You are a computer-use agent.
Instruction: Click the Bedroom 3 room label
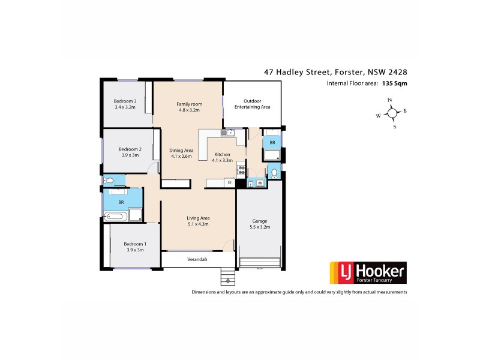click(126, 105)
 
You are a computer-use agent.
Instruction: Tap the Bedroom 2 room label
click(130, 152)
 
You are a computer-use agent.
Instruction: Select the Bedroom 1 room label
click(135, 247)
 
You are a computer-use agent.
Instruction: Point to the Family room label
click(188, 107)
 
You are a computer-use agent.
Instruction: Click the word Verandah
click(197, 259)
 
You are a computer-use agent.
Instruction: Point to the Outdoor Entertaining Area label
click(252, 104)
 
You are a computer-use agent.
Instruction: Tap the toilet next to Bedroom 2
click(107, 181)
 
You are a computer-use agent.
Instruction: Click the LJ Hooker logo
click(366, 272)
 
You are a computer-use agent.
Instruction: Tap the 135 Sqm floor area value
click(394, 84)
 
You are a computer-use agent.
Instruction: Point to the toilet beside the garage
click(274, 173)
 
